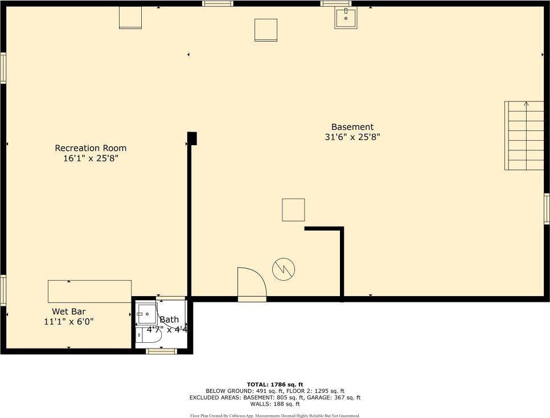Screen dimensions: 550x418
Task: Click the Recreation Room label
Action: (x=91, y=148)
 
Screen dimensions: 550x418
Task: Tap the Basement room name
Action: (x=352, y=126)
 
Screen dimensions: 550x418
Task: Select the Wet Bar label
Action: (x=69, y=312)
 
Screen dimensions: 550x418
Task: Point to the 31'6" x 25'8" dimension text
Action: (x=352, y=137)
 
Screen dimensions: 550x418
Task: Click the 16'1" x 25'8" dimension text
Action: (x=91, y=158)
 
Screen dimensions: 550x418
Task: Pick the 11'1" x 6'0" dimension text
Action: (x=69, y=322)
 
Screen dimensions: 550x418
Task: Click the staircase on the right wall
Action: (x=524, y=136)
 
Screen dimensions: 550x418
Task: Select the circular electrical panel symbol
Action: (x=284, y=269)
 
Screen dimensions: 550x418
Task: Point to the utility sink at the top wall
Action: (x=346, y=18)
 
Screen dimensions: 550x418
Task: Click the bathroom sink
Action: (x=147, y=314)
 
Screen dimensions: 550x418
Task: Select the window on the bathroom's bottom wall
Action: (x=161, y=351)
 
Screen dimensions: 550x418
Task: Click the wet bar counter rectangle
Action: (x=90, y=292)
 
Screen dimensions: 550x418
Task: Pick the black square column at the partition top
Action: (x=192, y=138)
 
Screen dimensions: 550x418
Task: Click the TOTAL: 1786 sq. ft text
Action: (x=275, y=384)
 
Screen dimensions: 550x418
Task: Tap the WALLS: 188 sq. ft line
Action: (x=275, y=404)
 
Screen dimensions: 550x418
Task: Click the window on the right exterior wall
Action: (x=547, y=209)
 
